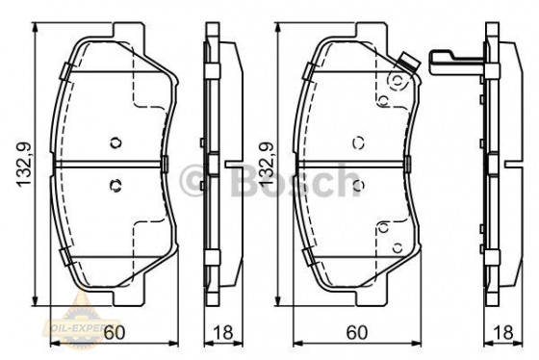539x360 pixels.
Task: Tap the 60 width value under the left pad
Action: pos(114,333)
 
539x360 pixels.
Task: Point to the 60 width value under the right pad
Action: pos(356,333)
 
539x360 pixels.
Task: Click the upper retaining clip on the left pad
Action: pos(63,70)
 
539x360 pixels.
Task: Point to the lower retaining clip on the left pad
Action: pos(63,256)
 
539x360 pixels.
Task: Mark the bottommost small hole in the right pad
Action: pos(383,227)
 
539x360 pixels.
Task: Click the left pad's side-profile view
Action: pos(218,164)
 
